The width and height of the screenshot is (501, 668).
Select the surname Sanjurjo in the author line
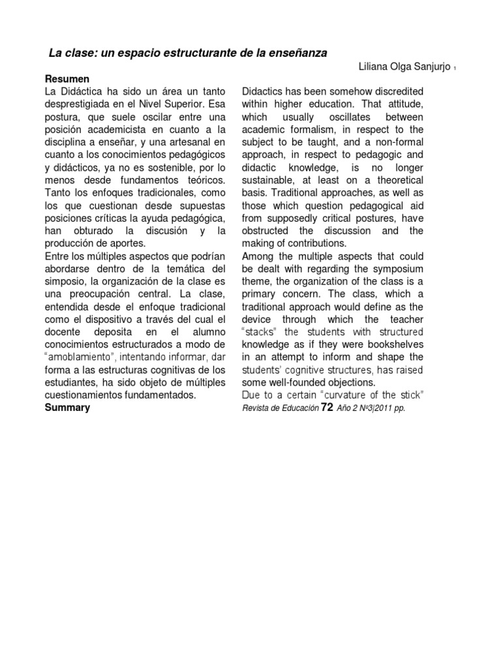[428, 68]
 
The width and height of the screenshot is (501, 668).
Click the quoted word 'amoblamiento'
[80, 357]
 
